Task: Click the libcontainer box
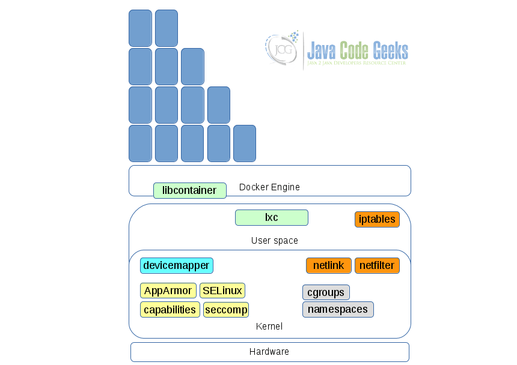click(x=189, y=190)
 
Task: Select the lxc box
click(x=271, y=217)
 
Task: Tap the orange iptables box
click(x=377, y=219)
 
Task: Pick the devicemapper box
click(x=176, y=265)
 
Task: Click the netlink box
click(x=328, y=265)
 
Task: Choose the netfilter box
click(x=377, y=265)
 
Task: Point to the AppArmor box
click(x=168, y=291)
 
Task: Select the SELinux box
click(x=222, y=291)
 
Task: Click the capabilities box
click(x=170, y=310)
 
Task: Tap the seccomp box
click(x=225, y=310)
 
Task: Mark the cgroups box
click(x=326, y=292)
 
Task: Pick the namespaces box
click(x=338, y=310)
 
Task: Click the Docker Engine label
click(x=269, y=187)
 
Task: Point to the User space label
click(x=274, y=241)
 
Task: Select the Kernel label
click(x=269, y=327)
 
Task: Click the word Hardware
click(x=269, y=352)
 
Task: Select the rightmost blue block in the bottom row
click(x=244, y=143)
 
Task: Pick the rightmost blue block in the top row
click(x=166, y=28)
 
